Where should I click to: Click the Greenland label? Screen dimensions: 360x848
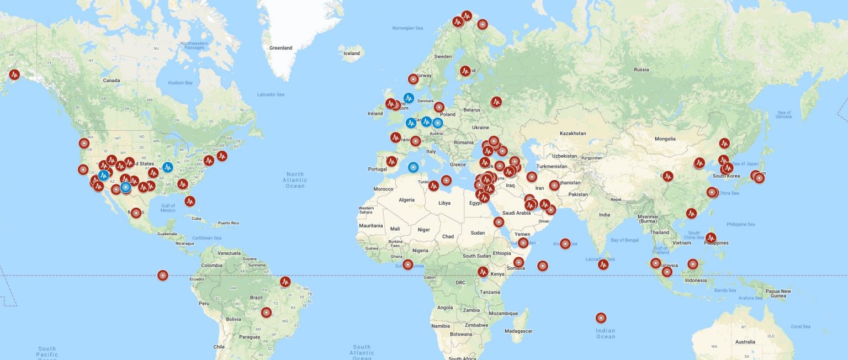pos(280,48)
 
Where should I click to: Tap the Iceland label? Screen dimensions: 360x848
pos(352,54)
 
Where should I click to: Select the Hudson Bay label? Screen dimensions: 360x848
pos(181,83)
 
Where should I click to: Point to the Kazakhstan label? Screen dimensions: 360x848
pos(573,134)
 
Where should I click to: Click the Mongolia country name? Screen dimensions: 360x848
pos(665,139)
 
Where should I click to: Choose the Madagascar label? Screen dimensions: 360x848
pos(518,331)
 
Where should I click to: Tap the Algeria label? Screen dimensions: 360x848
pos(406,200)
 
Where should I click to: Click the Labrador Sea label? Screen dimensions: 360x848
pos(271,95)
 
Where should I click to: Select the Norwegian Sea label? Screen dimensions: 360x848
pos(407,28)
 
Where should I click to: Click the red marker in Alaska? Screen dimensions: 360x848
pos(14,74)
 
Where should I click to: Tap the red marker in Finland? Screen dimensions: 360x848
pos(465,71)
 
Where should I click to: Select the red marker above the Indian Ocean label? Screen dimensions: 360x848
pos(601,318)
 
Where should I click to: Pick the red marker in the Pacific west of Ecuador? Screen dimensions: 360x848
pos(162,275)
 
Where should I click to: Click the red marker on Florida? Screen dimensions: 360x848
pos(190,201)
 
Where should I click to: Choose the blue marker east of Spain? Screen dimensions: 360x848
pos(413,167)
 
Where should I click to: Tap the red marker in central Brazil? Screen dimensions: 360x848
pos(267,313)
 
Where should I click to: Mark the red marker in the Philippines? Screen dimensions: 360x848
pos(711,238)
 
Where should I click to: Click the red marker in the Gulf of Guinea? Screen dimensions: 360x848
pos(407,264)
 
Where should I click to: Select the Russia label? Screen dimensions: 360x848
pos(641,70)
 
